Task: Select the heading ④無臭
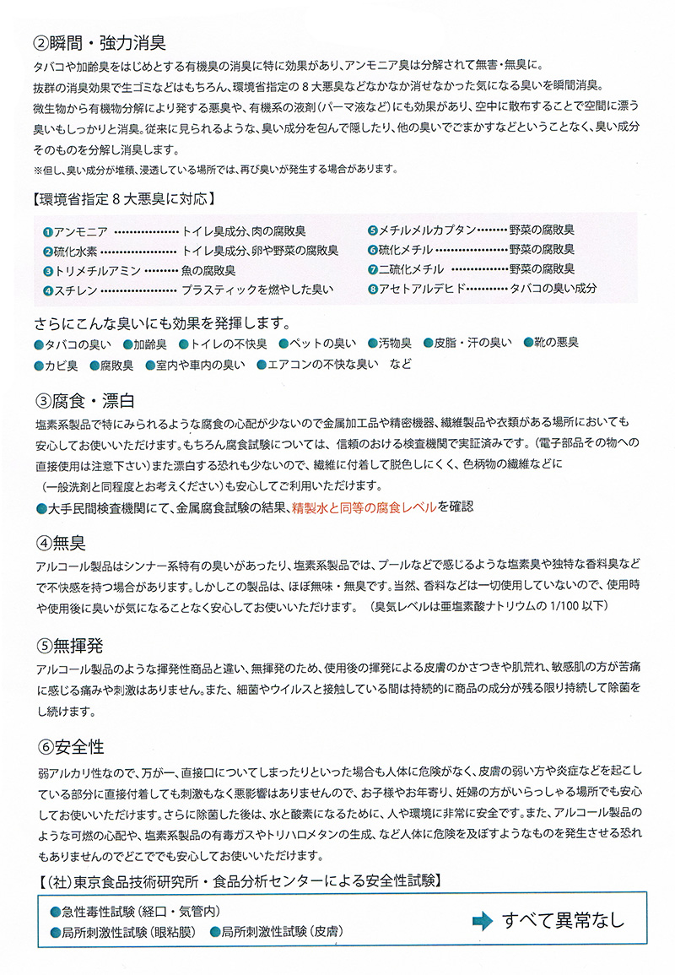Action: click(x=61, y=541)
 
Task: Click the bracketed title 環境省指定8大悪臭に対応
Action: click(x=121, y=200)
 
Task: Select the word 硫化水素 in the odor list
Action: click(x=73, y=251)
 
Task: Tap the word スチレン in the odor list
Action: click(x=75, y=290)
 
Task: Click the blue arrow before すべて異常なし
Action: click(x=481, y=919)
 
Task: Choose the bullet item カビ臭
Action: click(x=61, y=366)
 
